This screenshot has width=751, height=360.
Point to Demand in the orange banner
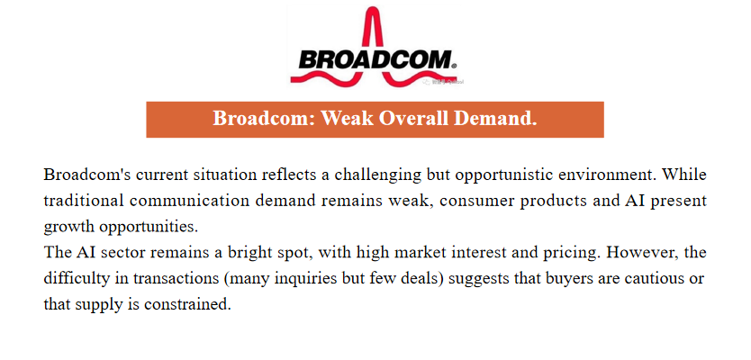495,118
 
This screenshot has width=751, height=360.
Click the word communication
190,200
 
